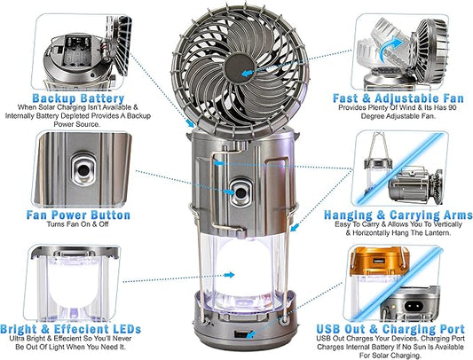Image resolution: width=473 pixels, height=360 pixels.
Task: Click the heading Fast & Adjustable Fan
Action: [396, 98]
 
